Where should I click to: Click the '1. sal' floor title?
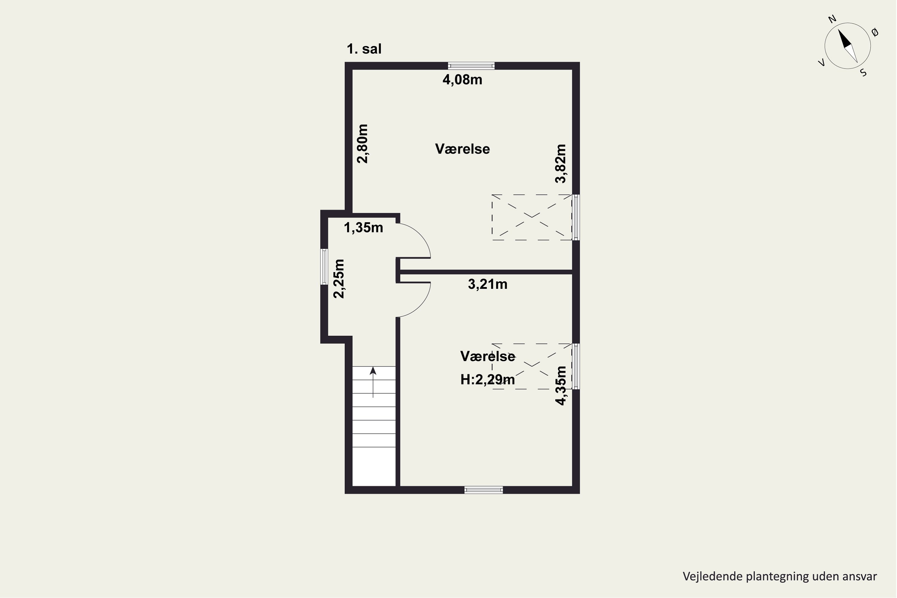click(x=364, y=49)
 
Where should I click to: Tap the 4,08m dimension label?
click(x=462, y=80)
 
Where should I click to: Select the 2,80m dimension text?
click(x=363, y=144)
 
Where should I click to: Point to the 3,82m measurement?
click(x=561, y=164)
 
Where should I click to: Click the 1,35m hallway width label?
click(x=364, y=228)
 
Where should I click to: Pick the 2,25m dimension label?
click(x=339, y=279)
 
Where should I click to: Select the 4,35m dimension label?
click(x=561, y=386)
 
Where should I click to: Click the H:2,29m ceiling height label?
click(x=487, y=380)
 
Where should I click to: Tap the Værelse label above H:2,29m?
click(x=488, y=356)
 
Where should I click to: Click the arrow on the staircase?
click(x=373, y=382)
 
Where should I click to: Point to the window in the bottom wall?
click(x=483, y=490)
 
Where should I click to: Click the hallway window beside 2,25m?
click(x=324, y=267)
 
